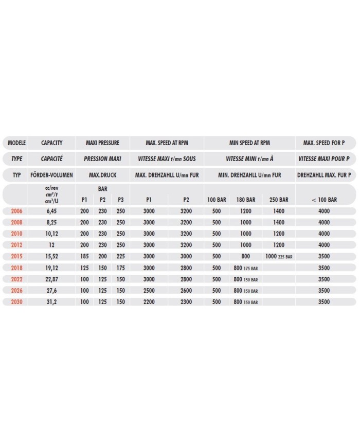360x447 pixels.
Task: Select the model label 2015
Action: [16, 256]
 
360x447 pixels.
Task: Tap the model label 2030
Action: [16, 302]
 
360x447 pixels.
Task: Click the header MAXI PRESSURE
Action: [102, 142]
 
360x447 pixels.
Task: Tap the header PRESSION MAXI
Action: [102, 159]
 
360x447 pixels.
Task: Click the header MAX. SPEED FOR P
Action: [324, 142]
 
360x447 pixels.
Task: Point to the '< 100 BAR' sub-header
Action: [324, 200]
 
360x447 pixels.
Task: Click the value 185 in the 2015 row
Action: [85, 256]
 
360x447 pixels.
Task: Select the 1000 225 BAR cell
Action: [279, 256]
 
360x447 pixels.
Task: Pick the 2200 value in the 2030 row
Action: [149, 302]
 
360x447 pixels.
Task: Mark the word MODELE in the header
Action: [16, 142]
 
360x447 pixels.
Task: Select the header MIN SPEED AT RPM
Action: [249, 142]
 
